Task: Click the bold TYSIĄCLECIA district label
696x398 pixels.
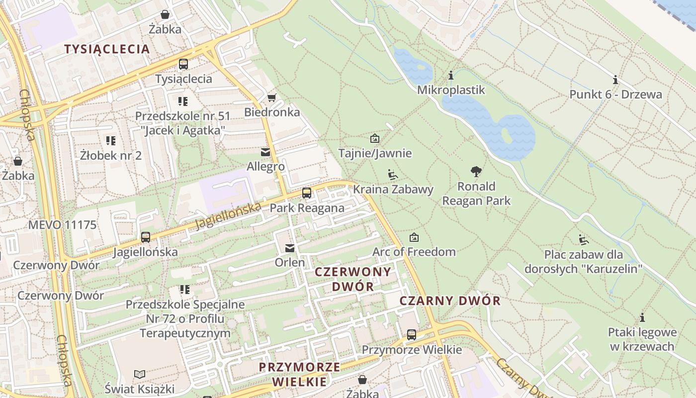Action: pyautogui.click(x=107, y=49)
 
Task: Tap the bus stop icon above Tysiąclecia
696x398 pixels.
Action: pyautogui.click(x=183, y=64)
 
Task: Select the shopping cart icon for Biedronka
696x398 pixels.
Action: pyautogui.click(x=271, y=97)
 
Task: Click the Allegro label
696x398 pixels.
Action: pyautogui.click(x=265, y=167)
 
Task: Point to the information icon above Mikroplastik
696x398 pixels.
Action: pyautogui.click(x=451, y=76)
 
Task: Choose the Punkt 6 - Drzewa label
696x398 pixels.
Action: pyautogui.click(x=615, y=95)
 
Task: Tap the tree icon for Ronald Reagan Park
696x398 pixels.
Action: pyautogui.click(x=476, y=172)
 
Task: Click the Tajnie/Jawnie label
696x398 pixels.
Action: pyautogui.click(x=375, y=153)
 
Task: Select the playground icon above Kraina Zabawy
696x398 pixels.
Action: pyautogui.click(x=393, y=175)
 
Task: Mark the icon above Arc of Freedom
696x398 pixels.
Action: pyautogui.click(x=414, y=238)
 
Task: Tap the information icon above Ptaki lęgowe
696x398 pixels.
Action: pyautogui.click(x=642, y=317)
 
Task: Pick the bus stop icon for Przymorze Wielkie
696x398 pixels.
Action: pyautogui.click(x=412, y=334)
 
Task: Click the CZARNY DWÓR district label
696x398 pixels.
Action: pyautogui.click(x=450, y=301)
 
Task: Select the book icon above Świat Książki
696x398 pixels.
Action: pyautogui.click(x=140, y=374)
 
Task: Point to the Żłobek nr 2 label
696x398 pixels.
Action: pyautogui.click(x=111, y=155)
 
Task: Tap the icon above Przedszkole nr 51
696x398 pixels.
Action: pyautogui.click(x=183, y=101)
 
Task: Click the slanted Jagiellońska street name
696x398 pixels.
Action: pyautogui.click(x=228, y=216)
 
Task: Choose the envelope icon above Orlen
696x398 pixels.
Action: pyautogui.click(x=290, y=248)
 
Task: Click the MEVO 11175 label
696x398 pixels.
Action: pyautogui.click(x=62, y=225)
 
